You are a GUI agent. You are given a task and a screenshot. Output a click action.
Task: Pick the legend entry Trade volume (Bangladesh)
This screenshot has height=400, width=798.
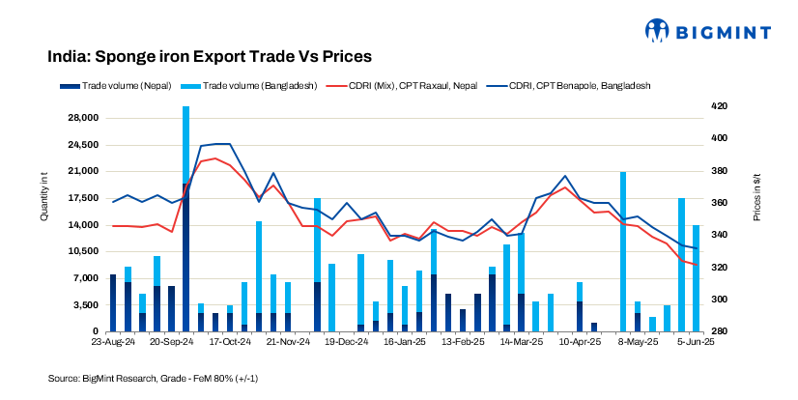click(253, 86)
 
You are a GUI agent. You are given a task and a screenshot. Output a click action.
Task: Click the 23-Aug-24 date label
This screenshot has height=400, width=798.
click(113, 342)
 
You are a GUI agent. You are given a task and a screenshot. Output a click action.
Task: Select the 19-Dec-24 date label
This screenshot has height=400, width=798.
click(346, 342)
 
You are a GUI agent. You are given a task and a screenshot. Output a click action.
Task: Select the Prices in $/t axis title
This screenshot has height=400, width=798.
click(757, 194)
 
